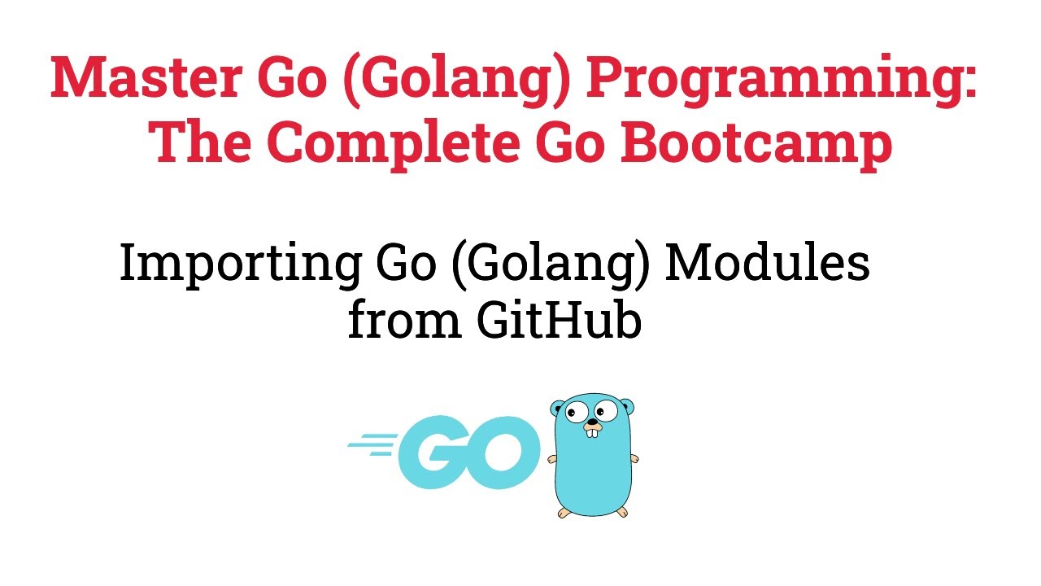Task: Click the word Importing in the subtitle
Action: click(241, 265)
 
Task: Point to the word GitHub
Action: click(560, 321)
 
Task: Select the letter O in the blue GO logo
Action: click(499, 453)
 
